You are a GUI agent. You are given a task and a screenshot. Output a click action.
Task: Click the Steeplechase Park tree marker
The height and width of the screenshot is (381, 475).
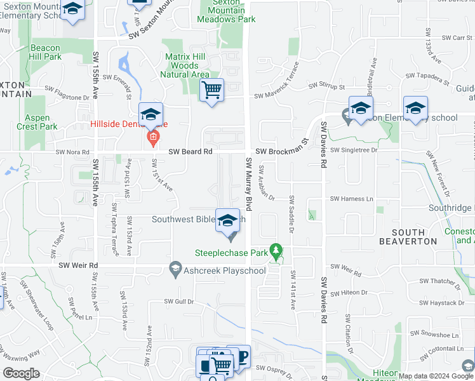[x=276, y=252]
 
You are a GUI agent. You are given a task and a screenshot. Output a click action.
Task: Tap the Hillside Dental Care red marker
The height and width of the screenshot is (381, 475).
[x=152, y=137]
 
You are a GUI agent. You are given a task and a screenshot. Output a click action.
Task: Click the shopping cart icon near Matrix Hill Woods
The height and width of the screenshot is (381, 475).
[x=211, y=90]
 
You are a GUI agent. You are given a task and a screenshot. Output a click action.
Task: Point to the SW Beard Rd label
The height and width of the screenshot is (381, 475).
[x=191, y=152]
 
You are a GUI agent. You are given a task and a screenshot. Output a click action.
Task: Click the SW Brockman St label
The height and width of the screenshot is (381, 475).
[x=281, y=152]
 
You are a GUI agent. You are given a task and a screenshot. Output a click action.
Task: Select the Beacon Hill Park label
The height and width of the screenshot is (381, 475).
[x=45, y=52]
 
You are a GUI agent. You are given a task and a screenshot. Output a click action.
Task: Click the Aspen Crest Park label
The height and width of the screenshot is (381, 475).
[x=41, y=122]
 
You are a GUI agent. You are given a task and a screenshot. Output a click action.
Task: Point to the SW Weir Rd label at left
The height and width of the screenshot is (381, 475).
[x=79, y=265]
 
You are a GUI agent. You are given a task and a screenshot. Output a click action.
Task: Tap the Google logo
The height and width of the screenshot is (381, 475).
[x=22, y=373]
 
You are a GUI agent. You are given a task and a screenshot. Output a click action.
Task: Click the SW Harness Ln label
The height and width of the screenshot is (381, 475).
[x=351, y=199]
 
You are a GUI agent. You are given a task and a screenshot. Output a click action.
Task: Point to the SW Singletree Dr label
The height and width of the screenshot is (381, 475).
[x=354, y=150]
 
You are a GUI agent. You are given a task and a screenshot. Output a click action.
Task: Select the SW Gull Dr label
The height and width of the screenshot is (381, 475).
[x=178, y=301]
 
